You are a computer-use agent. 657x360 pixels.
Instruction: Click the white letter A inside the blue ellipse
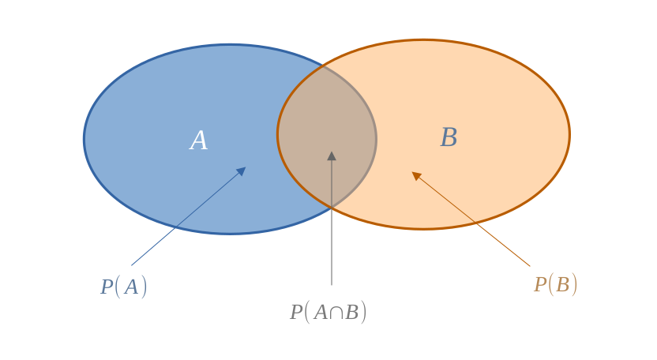tap(199, 141)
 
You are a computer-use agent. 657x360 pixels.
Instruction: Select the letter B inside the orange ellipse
tap(449, 137)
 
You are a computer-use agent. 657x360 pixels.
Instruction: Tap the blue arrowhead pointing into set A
tap(241, 171)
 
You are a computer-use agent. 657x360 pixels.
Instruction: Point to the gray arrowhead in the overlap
tap(332, 156)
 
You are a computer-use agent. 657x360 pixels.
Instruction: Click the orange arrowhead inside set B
tap(416, 176)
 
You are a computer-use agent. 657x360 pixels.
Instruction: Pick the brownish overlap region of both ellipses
tap(327, 137)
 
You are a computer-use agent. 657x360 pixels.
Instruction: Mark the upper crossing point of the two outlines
tap(323, 66)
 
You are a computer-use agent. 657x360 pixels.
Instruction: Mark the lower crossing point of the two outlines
tap(332, 207)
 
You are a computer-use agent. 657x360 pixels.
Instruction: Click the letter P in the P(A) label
tap(107, 287)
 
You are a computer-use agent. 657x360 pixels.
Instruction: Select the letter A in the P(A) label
tap(131, 287)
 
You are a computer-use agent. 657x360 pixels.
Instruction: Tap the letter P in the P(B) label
tap(540, 285)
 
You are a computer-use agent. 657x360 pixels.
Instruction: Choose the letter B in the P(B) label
tap(562, 285)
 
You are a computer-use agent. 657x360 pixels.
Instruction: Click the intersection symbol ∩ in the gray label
tap(336, 313)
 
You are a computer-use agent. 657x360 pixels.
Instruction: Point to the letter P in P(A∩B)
tap(296, 313)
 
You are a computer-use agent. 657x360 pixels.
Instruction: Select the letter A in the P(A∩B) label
tap(321, 313)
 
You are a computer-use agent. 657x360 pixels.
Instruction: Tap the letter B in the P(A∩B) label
tap(352, 313)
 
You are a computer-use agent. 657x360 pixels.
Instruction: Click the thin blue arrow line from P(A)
tap(189, 216)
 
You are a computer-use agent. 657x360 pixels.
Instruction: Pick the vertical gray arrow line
tap(332, 219)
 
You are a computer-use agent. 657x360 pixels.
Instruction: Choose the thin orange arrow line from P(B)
tap(471, 219)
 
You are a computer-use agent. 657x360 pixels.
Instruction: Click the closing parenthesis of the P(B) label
tap(574, 285)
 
